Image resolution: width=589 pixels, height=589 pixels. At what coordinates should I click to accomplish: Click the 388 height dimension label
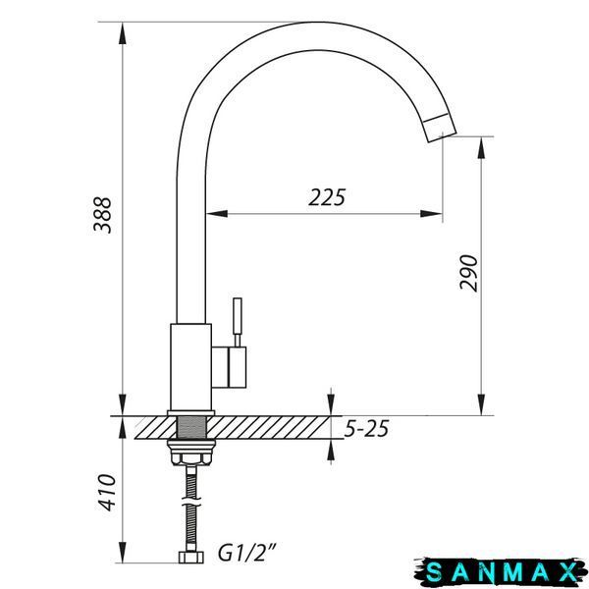point(102,215)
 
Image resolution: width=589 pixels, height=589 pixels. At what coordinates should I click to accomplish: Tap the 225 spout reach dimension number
point(327,197)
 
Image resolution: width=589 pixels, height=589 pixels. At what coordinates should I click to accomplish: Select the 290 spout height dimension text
point(469,273)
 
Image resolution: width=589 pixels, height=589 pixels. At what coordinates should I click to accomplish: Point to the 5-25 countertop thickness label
point(366,429)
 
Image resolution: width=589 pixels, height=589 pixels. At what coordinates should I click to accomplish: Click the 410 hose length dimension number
point(108,493)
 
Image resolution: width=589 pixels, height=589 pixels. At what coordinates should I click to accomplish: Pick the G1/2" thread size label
point(247,553)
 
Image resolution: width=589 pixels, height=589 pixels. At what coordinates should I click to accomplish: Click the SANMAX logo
point(502,572)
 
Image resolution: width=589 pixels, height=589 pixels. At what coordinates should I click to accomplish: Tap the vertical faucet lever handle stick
point(238,322)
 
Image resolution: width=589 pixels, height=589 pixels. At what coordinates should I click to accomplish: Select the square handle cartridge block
point(229,367)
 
